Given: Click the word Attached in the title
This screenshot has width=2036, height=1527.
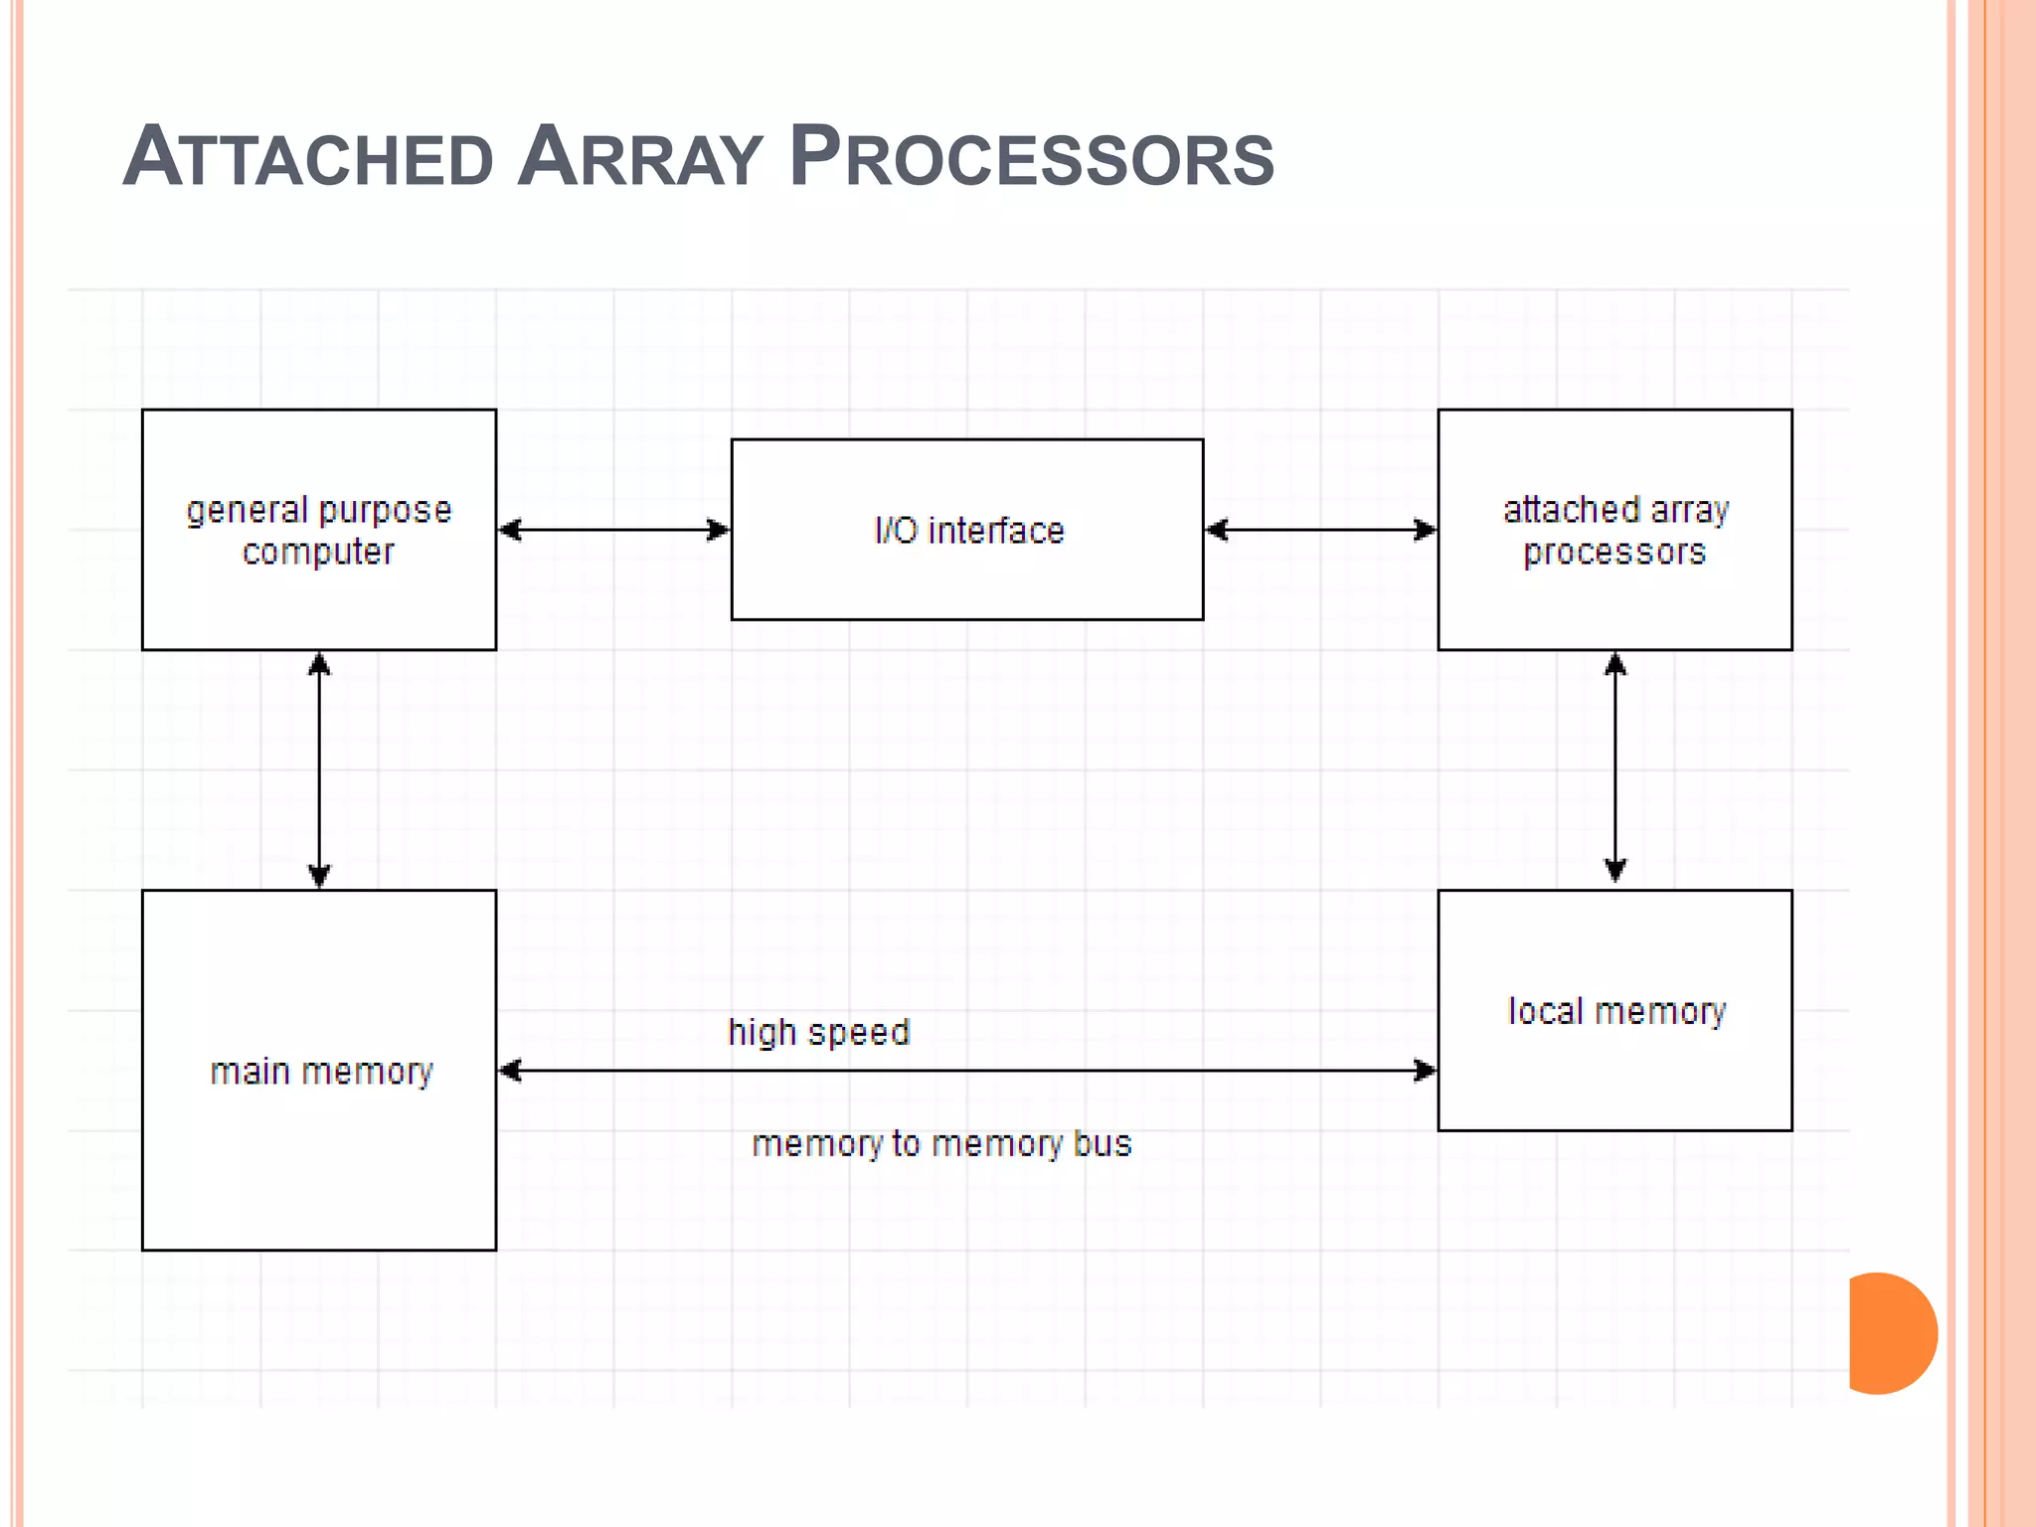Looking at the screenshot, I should (x=308, y=157).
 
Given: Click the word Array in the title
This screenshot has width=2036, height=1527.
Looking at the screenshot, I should (x=640, y=157).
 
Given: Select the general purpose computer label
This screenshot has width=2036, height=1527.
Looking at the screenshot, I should (x=319, y=530).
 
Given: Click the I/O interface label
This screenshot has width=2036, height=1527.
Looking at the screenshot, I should (x=968, y=530).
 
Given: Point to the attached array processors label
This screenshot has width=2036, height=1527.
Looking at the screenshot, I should (x=1614, y=530).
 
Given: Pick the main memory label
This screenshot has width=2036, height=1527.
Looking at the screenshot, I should (x=321, y=1071).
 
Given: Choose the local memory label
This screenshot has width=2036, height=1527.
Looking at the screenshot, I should (x=1616, y=1011).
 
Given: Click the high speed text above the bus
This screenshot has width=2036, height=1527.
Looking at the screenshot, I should (x=818, y=1032).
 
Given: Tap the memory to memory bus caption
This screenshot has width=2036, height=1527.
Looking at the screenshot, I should (x=941, y=1143).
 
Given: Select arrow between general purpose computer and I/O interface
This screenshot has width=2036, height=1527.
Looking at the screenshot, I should (x=613, y=530).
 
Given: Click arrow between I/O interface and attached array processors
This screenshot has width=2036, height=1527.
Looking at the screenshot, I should (x=1320, y=530).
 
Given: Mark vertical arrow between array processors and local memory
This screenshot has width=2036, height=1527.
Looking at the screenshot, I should (x=1615, y=767).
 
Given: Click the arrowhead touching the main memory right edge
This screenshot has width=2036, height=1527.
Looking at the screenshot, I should (x=510, y=1071).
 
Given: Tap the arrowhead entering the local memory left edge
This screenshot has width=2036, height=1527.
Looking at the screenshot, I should (x=1425, y=1071).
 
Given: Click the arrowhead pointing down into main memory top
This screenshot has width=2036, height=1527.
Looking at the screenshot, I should (x=319, y=876).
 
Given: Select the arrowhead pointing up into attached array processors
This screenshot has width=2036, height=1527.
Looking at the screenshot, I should (x=1615, y=664).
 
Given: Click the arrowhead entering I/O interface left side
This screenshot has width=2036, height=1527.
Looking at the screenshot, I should (x=718, y=530).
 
